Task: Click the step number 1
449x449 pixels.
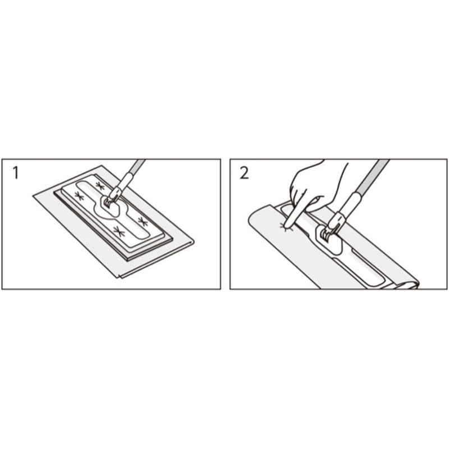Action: click(x=16, y=173)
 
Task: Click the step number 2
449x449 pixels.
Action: click(x=244, y=173)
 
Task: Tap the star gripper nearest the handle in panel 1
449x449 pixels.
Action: click(x=100, y=186)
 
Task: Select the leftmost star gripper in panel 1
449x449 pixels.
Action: click(x=79, y=196)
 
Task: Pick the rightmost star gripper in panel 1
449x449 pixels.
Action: click(x=143, y=221)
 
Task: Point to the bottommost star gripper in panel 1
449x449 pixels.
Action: click(x=118, y=231)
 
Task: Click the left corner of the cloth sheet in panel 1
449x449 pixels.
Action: click(x=33, y=196)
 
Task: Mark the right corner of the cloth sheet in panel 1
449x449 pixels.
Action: click(x=194, y=241)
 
